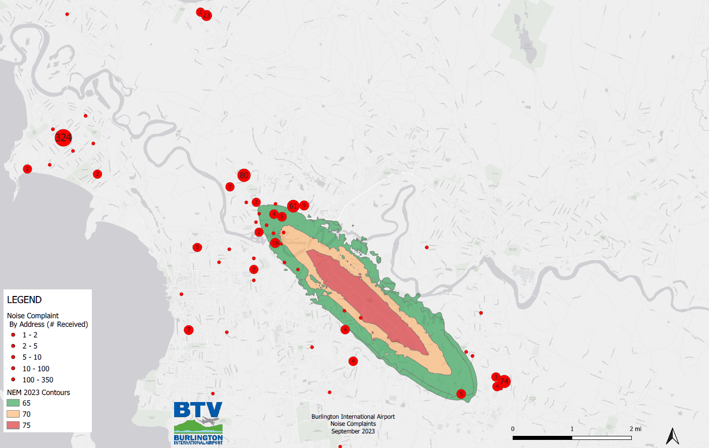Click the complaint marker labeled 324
point(63,137)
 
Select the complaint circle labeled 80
point(244,175)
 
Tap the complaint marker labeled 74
point(504,381)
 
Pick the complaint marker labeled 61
point(293,206)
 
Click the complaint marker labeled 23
point(206,16)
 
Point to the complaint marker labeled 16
point(275,243)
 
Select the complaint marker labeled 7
point(189,330)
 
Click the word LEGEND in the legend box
point(24,300)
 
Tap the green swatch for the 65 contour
point(13,403)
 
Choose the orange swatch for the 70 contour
point(13,414)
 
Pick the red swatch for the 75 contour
point(13,425)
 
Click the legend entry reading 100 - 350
point(37,380)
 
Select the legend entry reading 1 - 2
point(30,335)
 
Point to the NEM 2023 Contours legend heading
point(38,392)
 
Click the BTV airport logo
point(198,423)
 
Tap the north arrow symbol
point(672,436)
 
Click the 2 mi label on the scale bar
point(635,429)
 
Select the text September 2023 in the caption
point(353,431)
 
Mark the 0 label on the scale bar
point(513,429)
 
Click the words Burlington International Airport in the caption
point(353,417)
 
